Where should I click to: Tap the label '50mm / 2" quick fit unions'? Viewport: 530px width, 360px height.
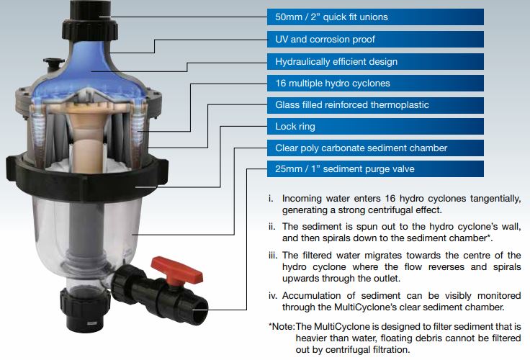[331, 17]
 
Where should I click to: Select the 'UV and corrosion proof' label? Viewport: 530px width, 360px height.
[325, 39]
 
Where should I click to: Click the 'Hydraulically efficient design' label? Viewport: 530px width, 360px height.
[336, 61]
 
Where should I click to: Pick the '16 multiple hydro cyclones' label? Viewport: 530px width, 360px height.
[333, 83]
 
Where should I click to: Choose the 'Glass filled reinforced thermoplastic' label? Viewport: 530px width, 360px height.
[352, 105]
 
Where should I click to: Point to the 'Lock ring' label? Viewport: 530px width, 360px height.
[295, 127]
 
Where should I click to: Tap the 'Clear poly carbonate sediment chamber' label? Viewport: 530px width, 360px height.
[361, 148]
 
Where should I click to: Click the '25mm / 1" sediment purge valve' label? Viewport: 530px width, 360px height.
[344, 168]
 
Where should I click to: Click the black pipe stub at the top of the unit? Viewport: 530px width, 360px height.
[90, 11]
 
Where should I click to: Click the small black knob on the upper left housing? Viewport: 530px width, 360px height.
[53, 63]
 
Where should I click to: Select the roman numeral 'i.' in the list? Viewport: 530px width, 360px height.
[271, 199]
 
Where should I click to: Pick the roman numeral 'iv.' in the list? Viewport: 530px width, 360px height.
[273, 296]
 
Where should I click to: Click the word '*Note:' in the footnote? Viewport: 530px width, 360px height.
[282, 327]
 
